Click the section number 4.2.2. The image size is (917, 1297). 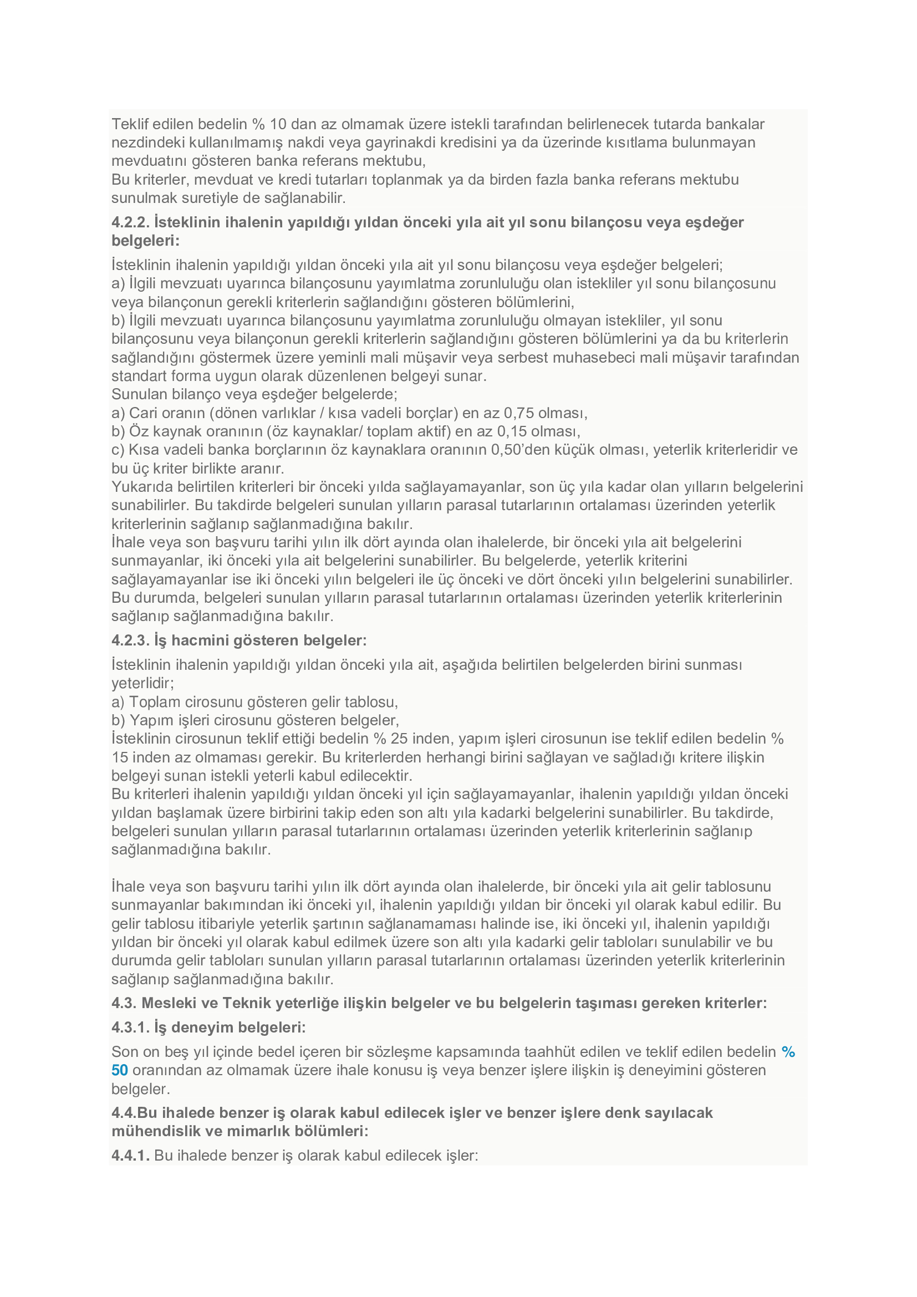(x=130, y=222)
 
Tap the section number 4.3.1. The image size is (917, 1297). (x=130, y=1027)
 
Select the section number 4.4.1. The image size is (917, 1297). (x=130, y=1155)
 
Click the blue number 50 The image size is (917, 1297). (x=120, y=1070)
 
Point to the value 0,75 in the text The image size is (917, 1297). (x=519, y=413)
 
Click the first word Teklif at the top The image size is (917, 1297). (x=129, y=124)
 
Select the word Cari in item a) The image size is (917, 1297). (x=145, y=413)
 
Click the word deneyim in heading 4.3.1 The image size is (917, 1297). (x=200, y=1027)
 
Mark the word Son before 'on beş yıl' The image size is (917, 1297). (x=124, y=1051)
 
